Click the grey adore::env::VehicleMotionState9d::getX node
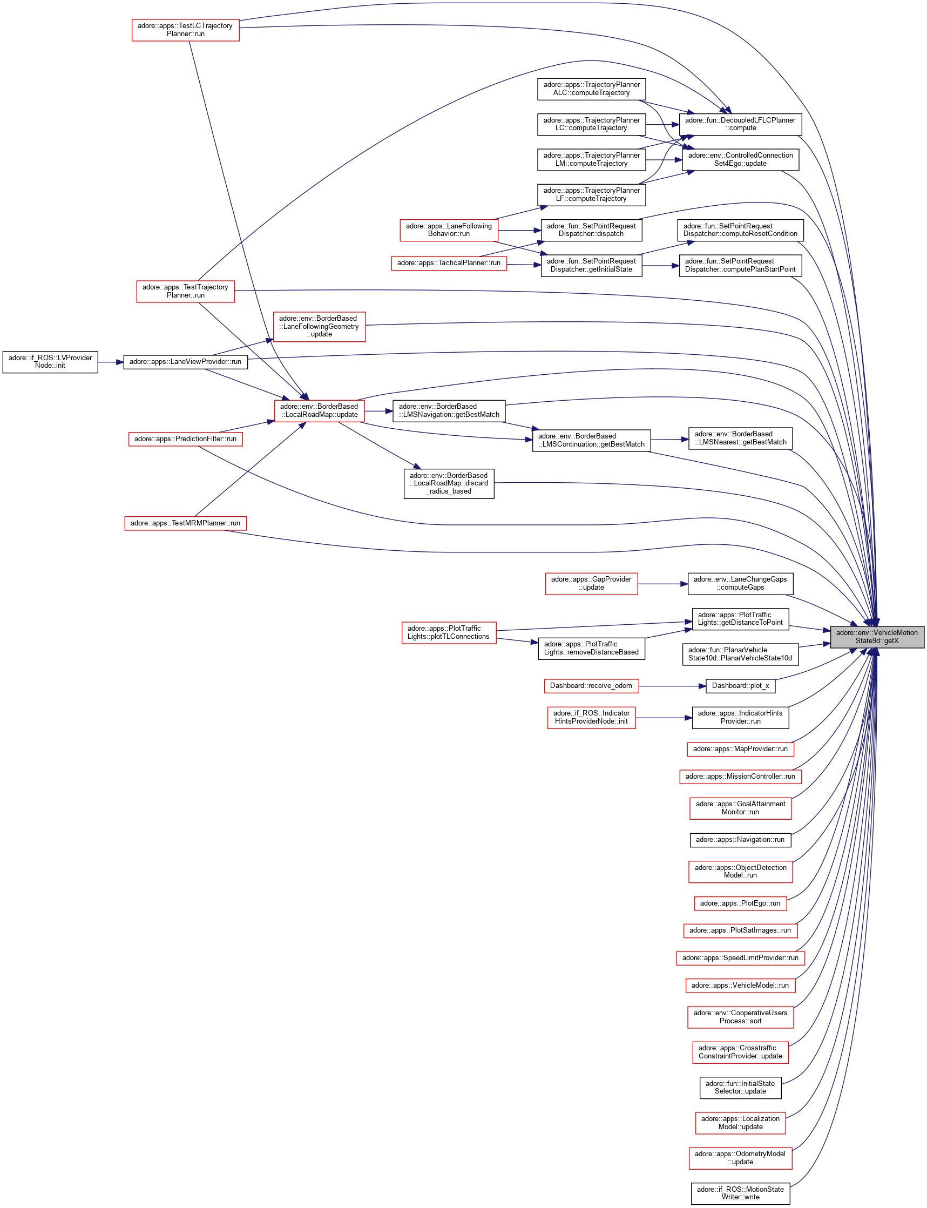point(876,636)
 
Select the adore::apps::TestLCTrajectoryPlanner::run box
point(185,30)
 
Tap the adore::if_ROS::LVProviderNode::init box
point(50,361)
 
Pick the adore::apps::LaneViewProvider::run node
point(185,361)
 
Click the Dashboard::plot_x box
point(740,685)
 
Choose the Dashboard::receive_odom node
point(591,685)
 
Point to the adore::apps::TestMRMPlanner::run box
point(185,523)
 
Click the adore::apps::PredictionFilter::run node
point(185,438)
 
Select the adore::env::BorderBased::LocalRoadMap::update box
point(319,410)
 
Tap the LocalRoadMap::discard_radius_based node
point(449,483)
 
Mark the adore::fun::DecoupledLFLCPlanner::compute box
point(740,124)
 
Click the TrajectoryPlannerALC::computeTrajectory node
point(591,89)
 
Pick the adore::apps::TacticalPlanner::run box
point(449,262)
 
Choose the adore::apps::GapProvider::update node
point(591,583)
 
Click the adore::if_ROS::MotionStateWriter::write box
point(740,1193)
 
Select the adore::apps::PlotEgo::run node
point(740,903)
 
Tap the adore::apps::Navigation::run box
point(740,839)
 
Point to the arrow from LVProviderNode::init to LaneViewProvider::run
point(110,362)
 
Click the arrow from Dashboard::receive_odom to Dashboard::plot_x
point(672,686)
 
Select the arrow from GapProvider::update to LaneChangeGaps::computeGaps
point(662,584)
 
